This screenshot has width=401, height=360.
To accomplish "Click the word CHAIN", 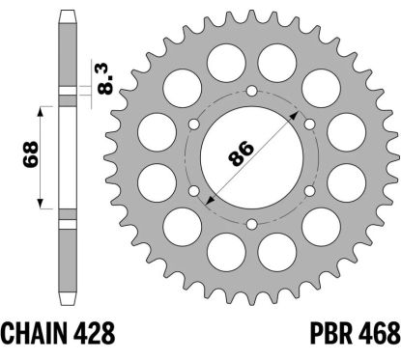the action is [35, 333].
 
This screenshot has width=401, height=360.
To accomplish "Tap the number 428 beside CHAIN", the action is [95, 333].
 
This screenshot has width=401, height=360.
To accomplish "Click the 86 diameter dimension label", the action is [241, 153].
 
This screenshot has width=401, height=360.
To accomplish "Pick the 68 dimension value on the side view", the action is [30, 154].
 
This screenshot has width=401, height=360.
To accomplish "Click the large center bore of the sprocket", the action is [251, 157].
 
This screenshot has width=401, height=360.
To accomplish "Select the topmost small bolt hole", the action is [251, 91].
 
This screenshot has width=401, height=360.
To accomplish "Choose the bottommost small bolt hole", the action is [251, 224].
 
